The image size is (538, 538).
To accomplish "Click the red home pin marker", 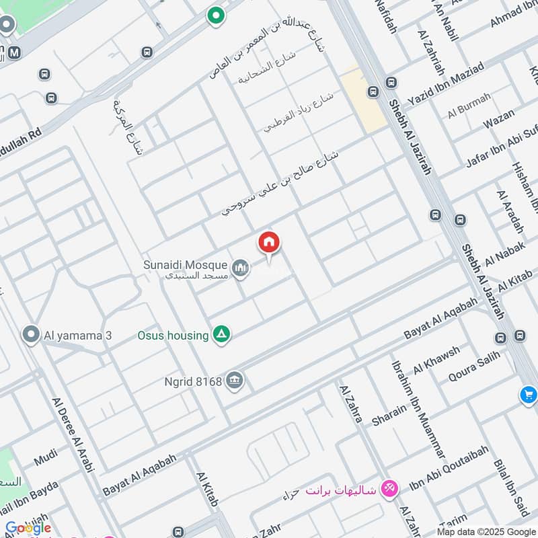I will [269, 243].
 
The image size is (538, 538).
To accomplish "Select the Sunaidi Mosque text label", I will [185, 265].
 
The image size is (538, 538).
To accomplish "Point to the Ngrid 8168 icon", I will [235, 381].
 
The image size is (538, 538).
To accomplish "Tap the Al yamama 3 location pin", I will [30, 334].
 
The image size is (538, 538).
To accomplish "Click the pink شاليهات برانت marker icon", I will [388, 488].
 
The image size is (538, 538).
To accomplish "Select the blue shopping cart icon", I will [528, 395].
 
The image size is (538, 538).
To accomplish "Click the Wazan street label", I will [498, 122].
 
